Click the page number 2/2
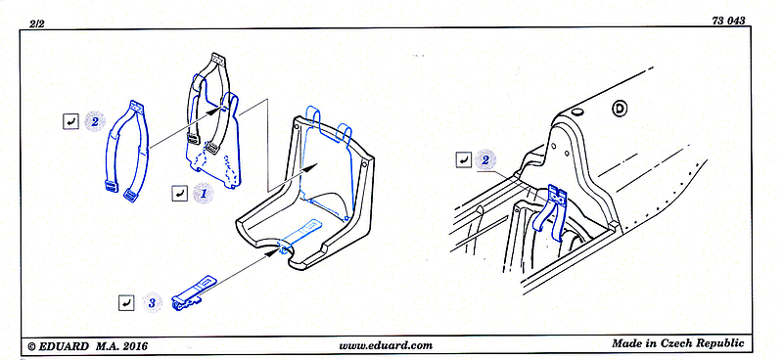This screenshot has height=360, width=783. (x=37, y=23)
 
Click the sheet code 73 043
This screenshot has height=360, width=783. (x=728, y=21)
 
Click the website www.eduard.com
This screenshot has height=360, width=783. (x=386, y=345)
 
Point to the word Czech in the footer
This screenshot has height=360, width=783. (x=679, y=343)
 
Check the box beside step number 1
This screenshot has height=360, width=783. (x=179, y=194)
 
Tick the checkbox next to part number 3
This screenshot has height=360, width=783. (x=126, y=302)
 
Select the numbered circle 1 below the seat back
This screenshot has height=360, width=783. (x=204, y=194)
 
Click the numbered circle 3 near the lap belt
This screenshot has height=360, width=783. (x=153, y=303)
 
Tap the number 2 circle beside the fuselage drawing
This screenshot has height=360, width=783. (x=485, y=159)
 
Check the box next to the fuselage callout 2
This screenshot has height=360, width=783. (x=463, y=159)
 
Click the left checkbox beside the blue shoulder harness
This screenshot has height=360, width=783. (x=70, y=121)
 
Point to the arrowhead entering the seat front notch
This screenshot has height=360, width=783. (x=271, y=252)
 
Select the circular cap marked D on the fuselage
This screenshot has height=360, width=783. (x=620, y=108)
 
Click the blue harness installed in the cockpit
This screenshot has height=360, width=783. (x=551, y=210)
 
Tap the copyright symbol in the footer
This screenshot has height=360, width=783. (x=31, y=346)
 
